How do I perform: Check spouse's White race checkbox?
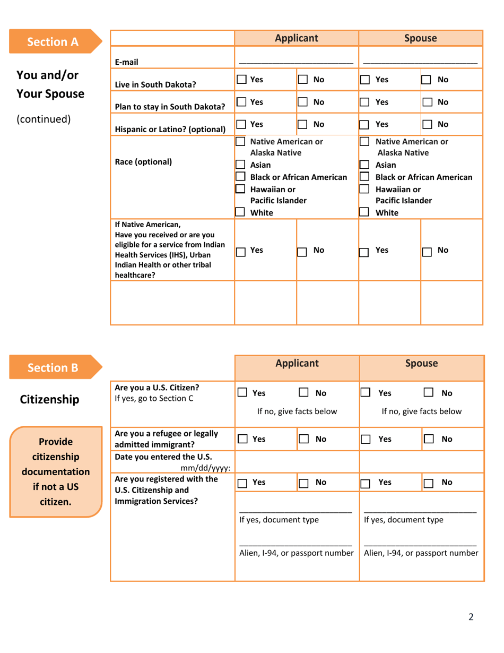pos(365,212)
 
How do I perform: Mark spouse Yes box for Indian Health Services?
pos(365,253)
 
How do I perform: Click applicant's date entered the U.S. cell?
pos(296,462)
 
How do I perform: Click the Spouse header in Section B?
pos(421,364)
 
